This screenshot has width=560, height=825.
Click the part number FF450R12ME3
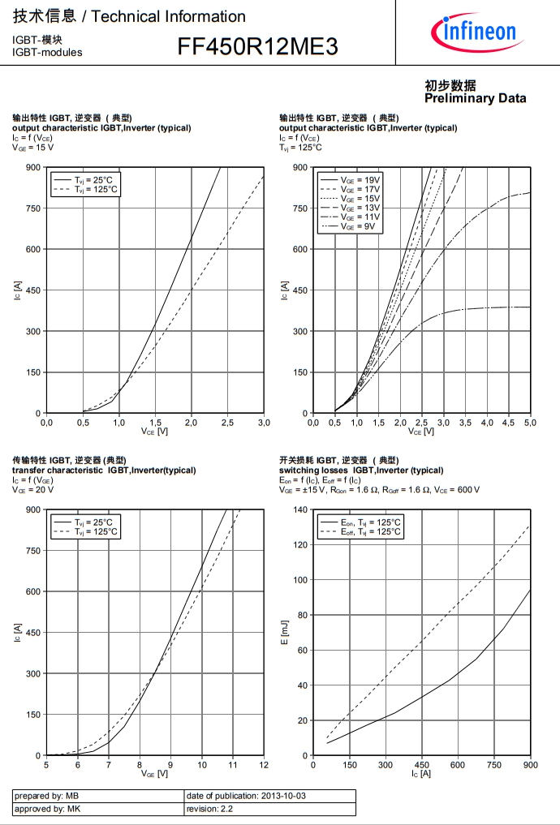click(257, 48)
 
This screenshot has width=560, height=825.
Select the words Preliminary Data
click(475, 98)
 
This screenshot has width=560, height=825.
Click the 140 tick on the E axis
click(299, 509)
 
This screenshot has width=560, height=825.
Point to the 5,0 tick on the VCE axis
click(530, 423)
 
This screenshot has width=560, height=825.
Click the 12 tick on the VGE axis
click(264, 766)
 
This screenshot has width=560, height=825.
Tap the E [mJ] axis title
click(285, 634)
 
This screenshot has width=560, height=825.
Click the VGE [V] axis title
click(154, 775)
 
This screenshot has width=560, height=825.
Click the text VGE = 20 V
click(33, 490)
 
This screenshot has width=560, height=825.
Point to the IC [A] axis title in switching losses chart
click(420, 775)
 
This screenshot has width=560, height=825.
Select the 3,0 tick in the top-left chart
click(264, 423)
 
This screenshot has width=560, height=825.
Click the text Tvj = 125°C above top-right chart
click(301, 148)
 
